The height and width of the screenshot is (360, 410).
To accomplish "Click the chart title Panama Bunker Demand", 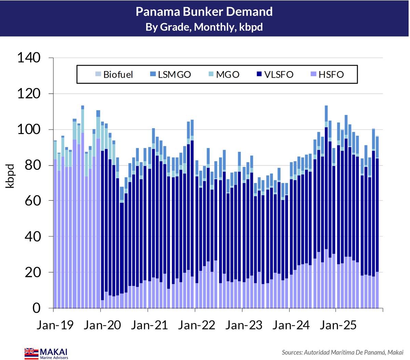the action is tap(204, 12).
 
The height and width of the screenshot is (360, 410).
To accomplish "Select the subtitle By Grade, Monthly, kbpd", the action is tap(204, 27).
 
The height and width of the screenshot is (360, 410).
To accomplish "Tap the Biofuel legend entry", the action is tap(114, 75).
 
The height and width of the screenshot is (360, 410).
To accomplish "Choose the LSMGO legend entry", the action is tap(170, 75).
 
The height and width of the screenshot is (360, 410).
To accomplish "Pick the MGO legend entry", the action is tap(224, 75).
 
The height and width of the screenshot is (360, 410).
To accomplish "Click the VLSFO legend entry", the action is tap(275, 75).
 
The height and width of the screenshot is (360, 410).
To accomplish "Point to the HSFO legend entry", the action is tap(327, 75).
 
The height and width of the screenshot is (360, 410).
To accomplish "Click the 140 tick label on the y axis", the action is tap(29, 58).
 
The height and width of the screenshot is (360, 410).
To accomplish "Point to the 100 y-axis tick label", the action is tap(29, 129).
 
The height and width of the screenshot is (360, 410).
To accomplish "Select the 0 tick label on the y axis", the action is tap(37, 308).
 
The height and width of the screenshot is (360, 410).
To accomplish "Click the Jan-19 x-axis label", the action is tap(55, 325).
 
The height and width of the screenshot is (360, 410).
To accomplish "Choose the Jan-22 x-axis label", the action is tap(196, 325).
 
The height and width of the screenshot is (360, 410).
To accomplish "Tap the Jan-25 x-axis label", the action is tap(338, 325).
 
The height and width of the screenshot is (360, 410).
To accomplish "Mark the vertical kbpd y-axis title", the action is tap(10, 176).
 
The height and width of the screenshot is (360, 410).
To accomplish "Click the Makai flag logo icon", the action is tap(31, 354).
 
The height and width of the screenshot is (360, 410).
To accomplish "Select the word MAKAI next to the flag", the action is tap(54, 352).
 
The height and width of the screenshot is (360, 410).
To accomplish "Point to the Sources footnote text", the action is tap(342, 352).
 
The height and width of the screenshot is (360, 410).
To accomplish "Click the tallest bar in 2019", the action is tap(83, 207).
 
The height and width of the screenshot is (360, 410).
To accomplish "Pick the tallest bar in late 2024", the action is tap(326, 207).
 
